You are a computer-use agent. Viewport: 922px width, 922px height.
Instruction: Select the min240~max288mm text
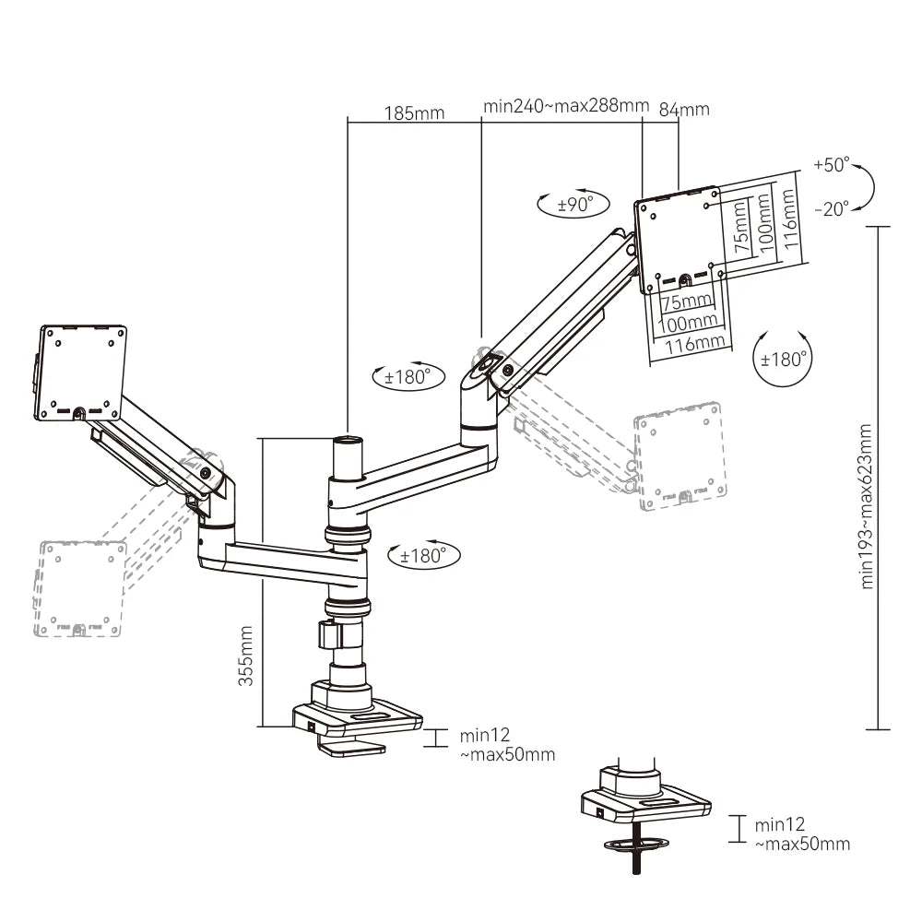tap(566, 106)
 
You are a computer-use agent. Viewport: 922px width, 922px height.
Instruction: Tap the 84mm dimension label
tap(684, 109)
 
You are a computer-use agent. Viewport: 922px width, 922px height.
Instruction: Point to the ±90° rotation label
tap(573, 205)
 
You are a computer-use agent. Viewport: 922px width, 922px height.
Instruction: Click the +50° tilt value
tap(831, 166)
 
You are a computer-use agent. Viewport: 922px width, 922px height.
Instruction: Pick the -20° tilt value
tap(831, 209)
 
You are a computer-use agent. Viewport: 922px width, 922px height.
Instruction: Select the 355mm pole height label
tap(246, 656)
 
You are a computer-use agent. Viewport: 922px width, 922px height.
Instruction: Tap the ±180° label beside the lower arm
tap(423, 555)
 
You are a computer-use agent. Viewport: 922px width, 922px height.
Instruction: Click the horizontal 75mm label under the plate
tap(687, 301)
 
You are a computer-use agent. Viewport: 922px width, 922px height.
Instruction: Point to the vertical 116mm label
tap(787, 217)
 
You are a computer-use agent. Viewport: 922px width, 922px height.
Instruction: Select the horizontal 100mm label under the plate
tap(689, 323)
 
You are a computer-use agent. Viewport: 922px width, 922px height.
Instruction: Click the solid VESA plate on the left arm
tap(80, 372)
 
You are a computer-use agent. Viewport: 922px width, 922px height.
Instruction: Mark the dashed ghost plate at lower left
tap(79, 588)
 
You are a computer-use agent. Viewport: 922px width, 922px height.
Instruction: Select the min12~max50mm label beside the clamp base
tap(507, 745)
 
